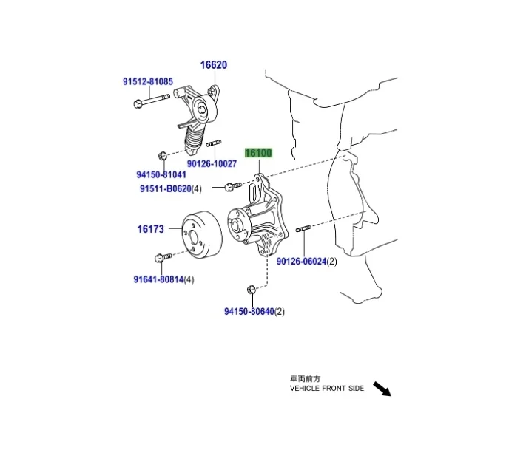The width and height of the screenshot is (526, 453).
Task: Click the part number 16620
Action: click(214, 65)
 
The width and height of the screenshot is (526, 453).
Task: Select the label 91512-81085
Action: click(148, 81)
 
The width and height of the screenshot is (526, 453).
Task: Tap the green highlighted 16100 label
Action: click(258, 153)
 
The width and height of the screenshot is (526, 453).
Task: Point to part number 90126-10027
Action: click(212, 164)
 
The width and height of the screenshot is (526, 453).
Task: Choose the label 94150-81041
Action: click(161, 174)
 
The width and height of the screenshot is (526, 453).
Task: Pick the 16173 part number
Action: click(151, 229)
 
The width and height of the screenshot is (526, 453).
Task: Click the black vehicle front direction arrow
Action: click(382, 389)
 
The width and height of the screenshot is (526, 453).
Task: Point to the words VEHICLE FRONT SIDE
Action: click(327, 388)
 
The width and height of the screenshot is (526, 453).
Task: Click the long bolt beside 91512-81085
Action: click(152, 101)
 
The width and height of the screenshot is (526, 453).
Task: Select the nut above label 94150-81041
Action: click(162, 156)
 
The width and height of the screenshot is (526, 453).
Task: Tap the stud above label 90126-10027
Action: click(214, 143)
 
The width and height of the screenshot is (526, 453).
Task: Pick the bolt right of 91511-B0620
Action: click(233, 186)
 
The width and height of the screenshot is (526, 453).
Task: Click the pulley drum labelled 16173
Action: click(202, 234)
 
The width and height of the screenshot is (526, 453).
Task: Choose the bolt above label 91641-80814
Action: click(163, 258)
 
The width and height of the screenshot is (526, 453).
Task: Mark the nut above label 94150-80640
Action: click(252, 290)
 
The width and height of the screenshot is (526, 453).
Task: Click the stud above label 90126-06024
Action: click(303, 229)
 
